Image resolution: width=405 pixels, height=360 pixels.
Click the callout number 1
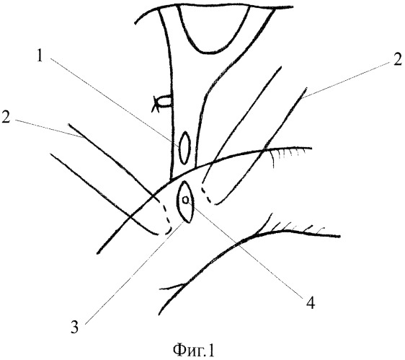coord(39,56)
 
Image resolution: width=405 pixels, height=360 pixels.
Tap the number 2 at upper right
coord(397,59)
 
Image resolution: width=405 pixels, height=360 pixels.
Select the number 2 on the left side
coord(6,117)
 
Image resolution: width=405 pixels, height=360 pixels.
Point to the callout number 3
coord(75,327)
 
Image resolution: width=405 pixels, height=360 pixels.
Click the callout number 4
coord(310,303)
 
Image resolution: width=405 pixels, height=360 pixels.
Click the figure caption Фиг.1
coord(193,350)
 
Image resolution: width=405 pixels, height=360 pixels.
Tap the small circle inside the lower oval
coord(185,200)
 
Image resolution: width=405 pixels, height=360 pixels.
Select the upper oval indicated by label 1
coord(184,148)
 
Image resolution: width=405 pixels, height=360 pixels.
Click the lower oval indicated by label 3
coord(185,202)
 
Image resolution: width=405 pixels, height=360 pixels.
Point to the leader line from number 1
coord(115,103)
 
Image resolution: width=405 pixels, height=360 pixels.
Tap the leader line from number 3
coord(135,273)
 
